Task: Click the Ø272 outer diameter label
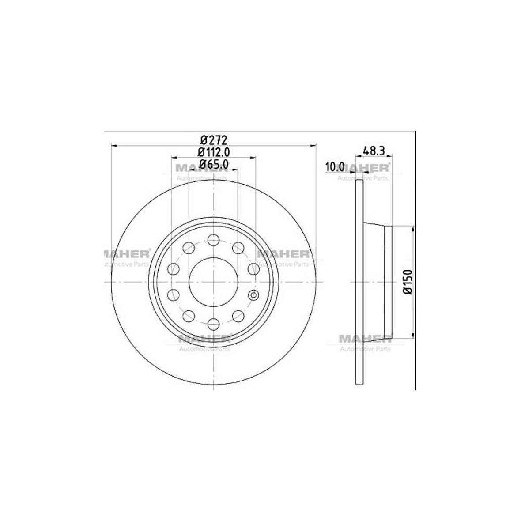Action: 213,140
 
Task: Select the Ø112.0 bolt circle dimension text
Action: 213,152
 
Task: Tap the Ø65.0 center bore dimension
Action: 213,164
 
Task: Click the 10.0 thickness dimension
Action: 334,167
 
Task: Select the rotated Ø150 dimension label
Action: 407,282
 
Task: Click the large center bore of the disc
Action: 213,282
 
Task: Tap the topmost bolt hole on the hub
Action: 213,241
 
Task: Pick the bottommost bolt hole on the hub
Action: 213,323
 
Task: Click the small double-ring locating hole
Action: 253,295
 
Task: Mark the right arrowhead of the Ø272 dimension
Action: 314,145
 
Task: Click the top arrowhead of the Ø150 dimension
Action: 413,229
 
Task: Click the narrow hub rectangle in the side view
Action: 388,282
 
